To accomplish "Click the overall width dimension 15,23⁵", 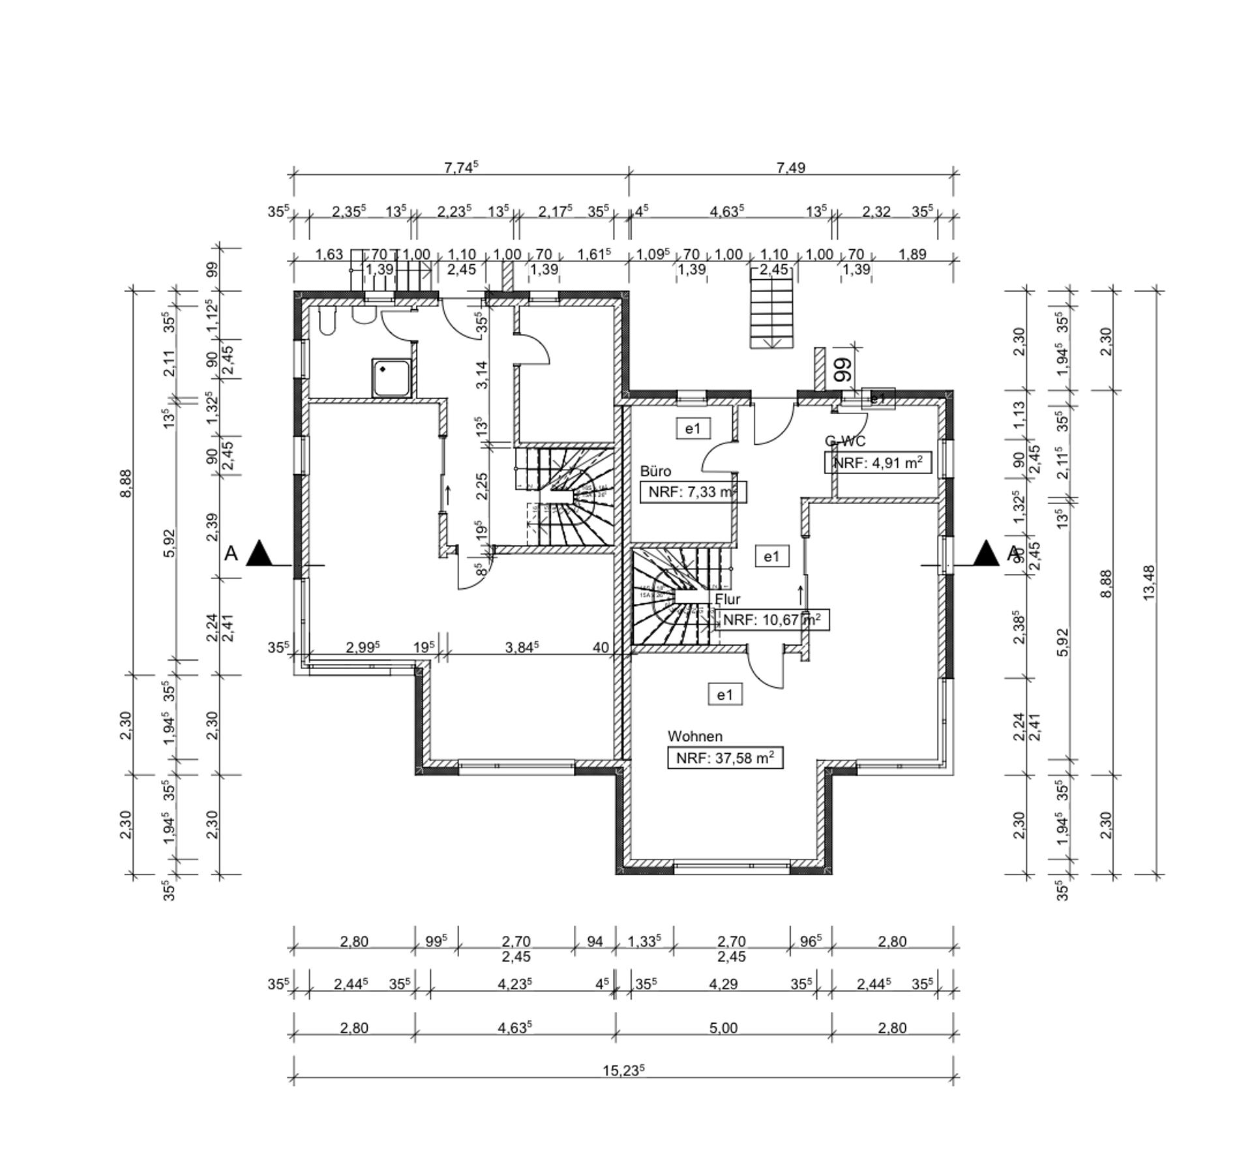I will [x=623, y=1070].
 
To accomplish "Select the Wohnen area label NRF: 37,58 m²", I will [x=725, y=758].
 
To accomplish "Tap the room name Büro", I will [x=655, y=471].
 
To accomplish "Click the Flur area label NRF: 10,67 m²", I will [x=772, y=620].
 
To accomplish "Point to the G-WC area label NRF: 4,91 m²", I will [x=878, y=463].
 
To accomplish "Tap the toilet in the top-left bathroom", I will [x=327, y=321].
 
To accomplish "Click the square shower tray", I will [x=391, y=378].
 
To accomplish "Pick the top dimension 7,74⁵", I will [x=461, y=168].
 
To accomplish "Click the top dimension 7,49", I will [x=790, y=168].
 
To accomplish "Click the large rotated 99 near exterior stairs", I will [x=843, y=369].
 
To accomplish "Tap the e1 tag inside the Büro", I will [x=693, y=428].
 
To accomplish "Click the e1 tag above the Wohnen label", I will [x=725, y=695].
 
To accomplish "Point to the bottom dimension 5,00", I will [x=723, y=1028].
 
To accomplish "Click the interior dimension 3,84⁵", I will [x=522, y=647].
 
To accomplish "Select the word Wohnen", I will [x=694, y=736].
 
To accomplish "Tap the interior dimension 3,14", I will [x=481, y=375].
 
